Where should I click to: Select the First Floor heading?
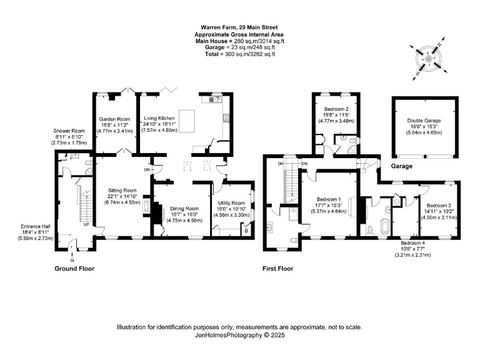(x=277, y=269)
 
